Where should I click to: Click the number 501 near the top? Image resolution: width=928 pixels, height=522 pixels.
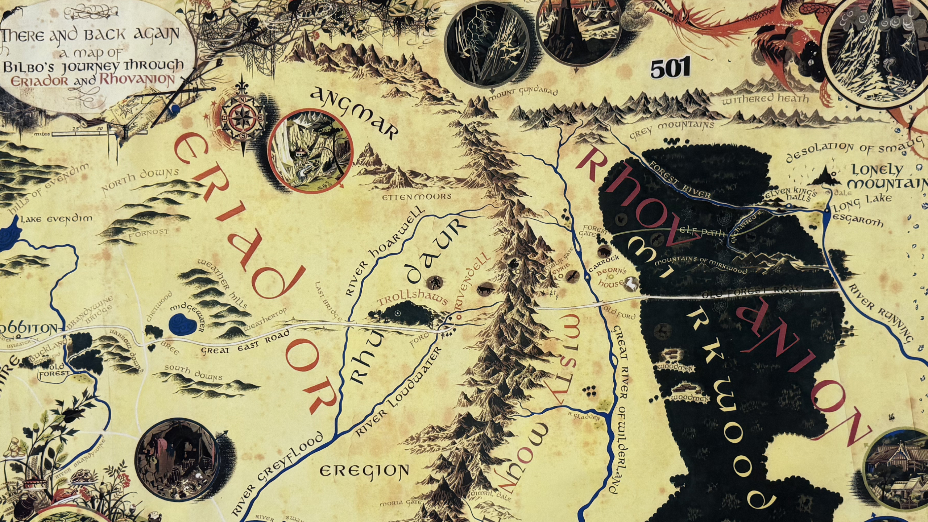670,69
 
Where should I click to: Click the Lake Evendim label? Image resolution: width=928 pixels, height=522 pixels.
56,219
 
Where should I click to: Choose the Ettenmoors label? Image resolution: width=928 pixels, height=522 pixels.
417,197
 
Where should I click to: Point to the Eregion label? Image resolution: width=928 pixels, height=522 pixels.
364,471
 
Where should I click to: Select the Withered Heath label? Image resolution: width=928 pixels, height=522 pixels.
765,99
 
